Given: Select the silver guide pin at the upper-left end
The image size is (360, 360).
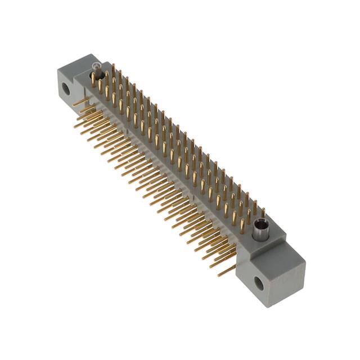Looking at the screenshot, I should click(96, 72).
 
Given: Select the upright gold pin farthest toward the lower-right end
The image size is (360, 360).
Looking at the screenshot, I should click(262, 213).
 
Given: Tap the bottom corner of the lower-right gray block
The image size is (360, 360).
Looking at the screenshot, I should click(275, 307).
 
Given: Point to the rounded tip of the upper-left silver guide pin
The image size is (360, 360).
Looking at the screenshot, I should click(96, 67).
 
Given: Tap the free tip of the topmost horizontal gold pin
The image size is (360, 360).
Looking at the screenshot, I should click(73, 105).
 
